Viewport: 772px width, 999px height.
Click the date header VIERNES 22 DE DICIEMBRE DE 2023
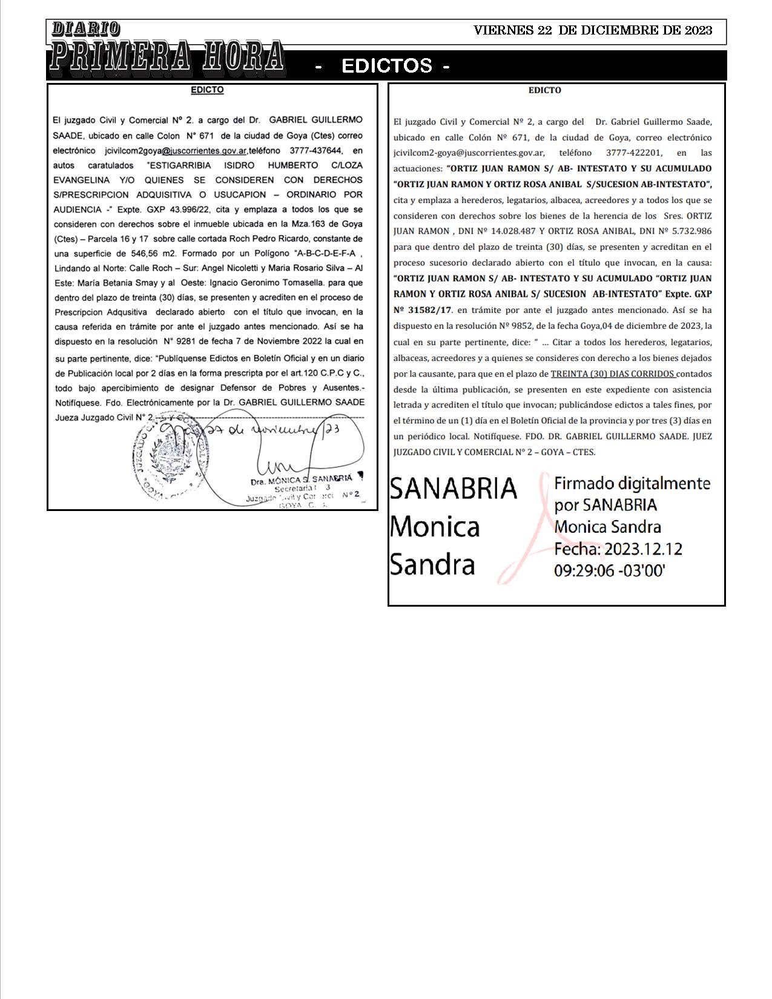tap(592, 30)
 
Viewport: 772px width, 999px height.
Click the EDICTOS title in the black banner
tap(386, 66)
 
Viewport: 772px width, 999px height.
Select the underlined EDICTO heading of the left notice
tap(207, 90)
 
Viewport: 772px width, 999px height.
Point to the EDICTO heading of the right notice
tap(544, 90)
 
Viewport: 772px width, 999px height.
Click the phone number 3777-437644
tap(315, 151)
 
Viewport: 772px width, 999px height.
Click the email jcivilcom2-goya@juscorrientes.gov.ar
tap(468, 153)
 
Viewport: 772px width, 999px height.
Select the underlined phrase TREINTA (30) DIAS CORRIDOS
tap(613, 374)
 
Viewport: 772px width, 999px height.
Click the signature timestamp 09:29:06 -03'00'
tap(609, 570)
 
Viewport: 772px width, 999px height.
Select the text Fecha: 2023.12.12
tap(618, 549)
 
